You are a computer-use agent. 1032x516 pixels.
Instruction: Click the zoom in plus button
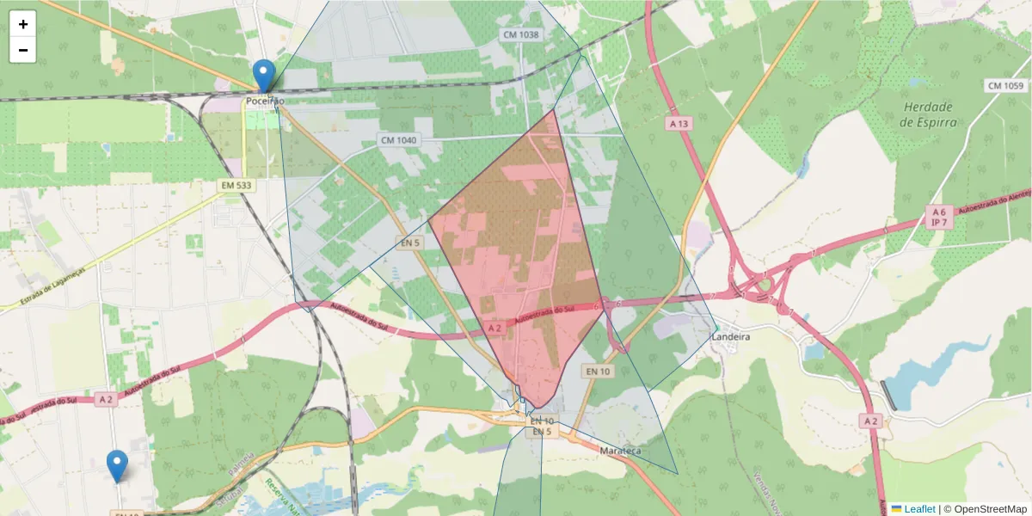tap(23, 24)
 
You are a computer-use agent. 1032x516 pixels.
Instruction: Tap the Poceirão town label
tap(265, 101)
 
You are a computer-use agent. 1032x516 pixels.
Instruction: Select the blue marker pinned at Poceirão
tap(265, 76)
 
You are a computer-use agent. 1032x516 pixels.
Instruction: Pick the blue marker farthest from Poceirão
tap(117, 465)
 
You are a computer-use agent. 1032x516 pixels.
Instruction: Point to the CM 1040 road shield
tap(398, 140)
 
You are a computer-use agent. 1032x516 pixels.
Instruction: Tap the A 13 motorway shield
tap(679, 124)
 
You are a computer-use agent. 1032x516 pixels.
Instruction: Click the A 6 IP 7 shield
tap(939, 217)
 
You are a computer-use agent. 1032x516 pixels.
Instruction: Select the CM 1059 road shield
tap(1006, 86)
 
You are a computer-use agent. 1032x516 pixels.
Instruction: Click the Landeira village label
tap(731, 337)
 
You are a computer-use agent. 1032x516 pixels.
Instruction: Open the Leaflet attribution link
tap(918, 509)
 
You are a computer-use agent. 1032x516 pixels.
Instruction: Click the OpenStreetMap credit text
tap(986, 509)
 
